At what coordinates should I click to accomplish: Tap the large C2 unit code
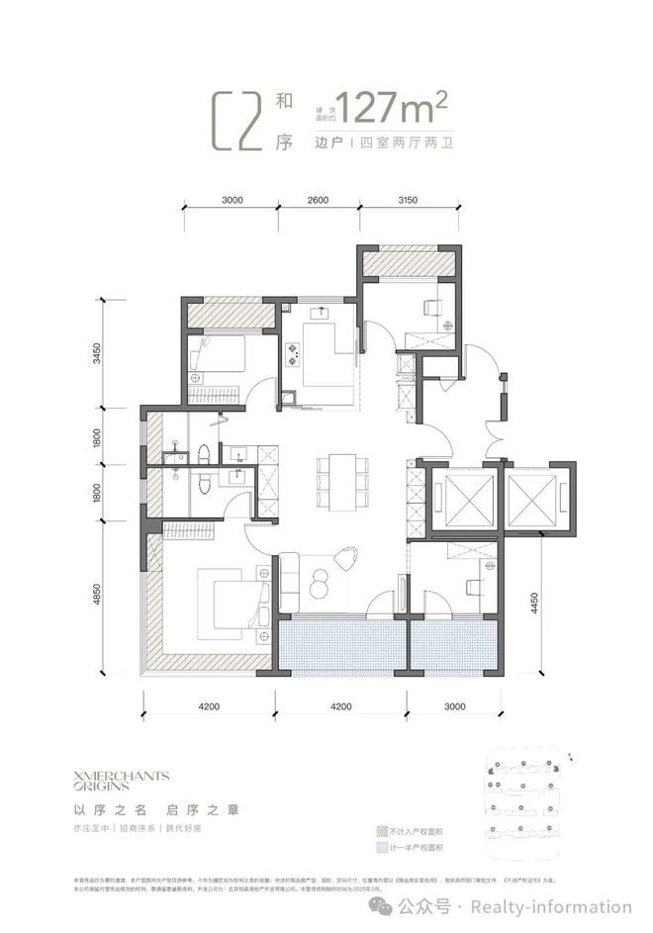tap(241, 122)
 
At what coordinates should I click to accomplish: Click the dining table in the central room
tap(337, 475)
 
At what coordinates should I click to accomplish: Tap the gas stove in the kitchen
tap(294, 353)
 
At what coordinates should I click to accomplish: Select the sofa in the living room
tap(290, 583)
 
